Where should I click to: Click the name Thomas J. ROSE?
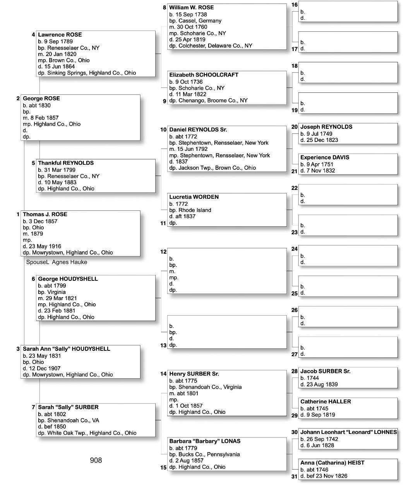[x=45, y=214]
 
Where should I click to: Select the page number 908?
[x=96, y=460]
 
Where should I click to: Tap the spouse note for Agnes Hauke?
[x=57, y=262]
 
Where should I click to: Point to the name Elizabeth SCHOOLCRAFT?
[x=204, y=75]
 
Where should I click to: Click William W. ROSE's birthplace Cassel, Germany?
[x=195, y=21]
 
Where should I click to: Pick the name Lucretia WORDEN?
[x=194, y=197]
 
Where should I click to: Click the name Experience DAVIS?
[x=325, y=157]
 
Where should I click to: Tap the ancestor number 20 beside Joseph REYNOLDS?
[x=295, y=127]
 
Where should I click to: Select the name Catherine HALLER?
[x=325, y=401]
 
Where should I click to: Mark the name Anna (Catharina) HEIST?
[x=332, y=463]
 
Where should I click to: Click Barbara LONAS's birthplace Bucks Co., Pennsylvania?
[x=204, y=454]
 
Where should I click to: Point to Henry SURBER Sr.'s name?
[x=194, y=374]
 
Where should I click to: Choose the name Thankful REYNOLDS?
[x=66, y=163]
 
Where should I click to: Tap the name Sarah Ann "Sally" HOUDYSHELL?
[x=67, y=349]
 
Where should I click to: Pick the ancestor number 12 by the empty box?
[x=163, y=252]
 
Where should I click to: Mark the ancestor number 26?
[x=295, y=310]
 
